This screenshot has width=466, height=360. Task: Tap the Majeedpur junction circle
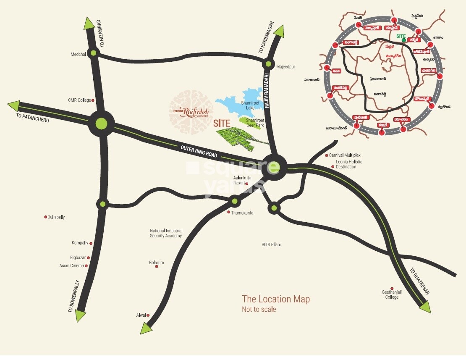(x=268, y=64)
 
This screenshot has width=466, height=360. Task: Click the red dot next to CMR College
(x=93, y=100)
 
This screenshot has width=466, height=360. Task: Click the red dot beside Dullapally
(x=45, y=217)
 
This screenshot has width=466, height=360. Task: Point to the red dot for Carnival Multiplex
(x=327, y=155)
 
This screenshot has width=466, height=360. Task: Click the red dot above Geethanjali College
(x=392, y=289)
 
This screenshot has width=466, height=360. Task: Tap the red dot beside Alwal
(x=148, y=315)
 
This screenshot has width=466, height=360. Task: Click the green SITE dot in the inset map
(x=403, y=41)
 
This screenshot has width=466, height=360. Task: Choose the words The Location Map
(x=276, y=299)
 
